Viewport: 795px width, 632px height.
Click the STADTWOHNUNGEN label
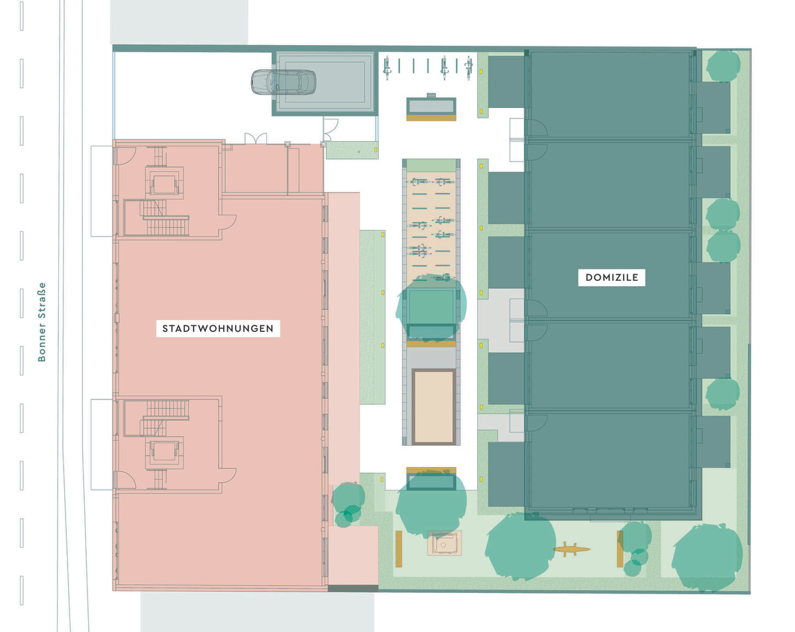pos(218,329)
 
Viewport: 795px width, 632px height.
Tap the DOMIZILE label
pos(611,278)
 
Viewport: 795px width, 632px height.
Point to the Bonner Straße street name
pos(42,322)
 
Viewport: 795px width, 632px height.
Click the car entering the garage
pos(284,81)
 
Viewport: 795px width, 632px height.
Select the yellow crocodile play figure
pos(571,549)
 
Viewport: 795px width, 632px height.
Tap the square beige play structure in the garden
pos(445,543)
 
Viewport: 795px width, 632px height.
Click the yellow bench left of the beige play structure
pos(399,549)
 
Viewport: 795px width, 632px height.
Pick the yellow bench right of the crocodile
pos(620,549)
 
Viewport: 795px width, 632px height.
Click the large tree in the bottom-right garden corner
pos(707,557)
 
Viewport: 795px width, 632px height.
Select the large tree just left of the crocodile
pos(520,547)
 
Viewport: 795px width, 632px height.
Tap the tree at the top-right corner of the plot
pos(723,66)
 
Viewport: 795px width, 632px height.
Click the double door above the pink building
pos(256,138)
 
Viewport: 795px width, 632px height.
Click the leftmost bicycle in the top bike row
pos(387,68)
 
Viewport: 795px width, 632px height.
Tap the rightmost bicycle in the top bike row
pos(469,68)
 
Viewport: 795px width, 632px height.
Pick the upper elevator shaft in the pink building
pos(164,184)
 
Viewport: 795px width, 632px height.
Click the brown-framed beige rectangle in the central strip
pos(433,407)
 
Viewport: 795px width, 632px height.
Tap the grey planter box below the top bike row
pos(431,107)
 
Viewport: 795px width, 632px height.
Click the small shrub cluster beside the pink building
pos(347,505)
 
